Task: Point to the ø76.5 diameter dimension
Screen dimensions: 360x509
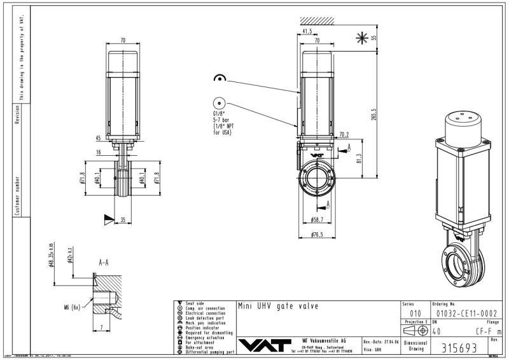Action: click(x=318, y=234)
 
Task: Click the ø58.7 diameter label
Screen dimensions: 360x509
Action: click(x=318, y=219)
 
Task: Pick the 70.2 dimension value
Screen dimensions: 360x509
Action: click(x=344, y=135)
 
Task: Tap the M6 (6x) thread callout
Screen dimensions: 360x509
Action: click(x=73, y=307)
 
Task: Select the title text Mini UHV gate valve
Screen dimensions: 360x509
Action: click(x=277, y=306)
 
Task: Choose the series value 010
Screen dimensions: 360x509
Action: click(x=415, y=313)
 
